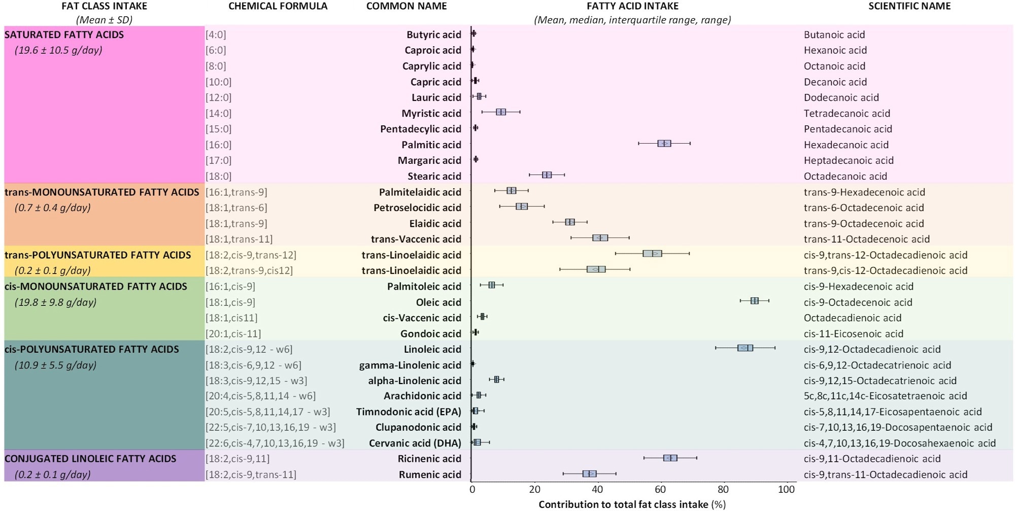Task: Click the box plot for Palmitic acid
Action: point(664,144)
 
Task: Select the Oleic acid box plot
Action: point(755,301)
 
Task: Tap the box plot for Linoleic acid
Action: point(745,348)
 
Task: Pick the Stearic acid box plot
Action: point(547,175)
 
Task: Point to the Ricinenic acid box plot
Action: point(670,458)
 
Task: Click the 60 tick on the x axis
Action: point(660,490)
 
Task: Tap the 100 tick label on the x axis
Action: point(786,490)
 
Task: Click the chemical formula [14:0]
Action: point(219,113)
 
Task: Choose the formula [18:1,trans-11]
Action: point(239,239)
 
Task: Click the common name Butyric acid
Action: point(433,35)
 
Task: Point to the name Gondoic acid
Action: point(430,333)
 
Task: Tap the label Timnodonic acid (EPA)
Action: point(409,412)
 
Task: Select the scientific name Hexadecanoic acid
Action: point(846,145)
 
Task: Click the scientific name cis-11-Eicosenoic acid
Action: point(853,333)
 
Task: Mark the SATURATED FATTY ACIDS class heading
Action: point(64,35)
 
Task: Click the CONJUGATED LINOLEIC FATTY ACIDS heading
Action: point(90,458)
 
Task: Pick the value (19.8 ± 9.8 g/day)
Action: point(55,302)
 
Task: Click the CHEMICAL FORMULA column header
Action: point(278,6)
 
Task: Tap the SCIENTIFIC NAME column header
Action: point(909,6)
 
